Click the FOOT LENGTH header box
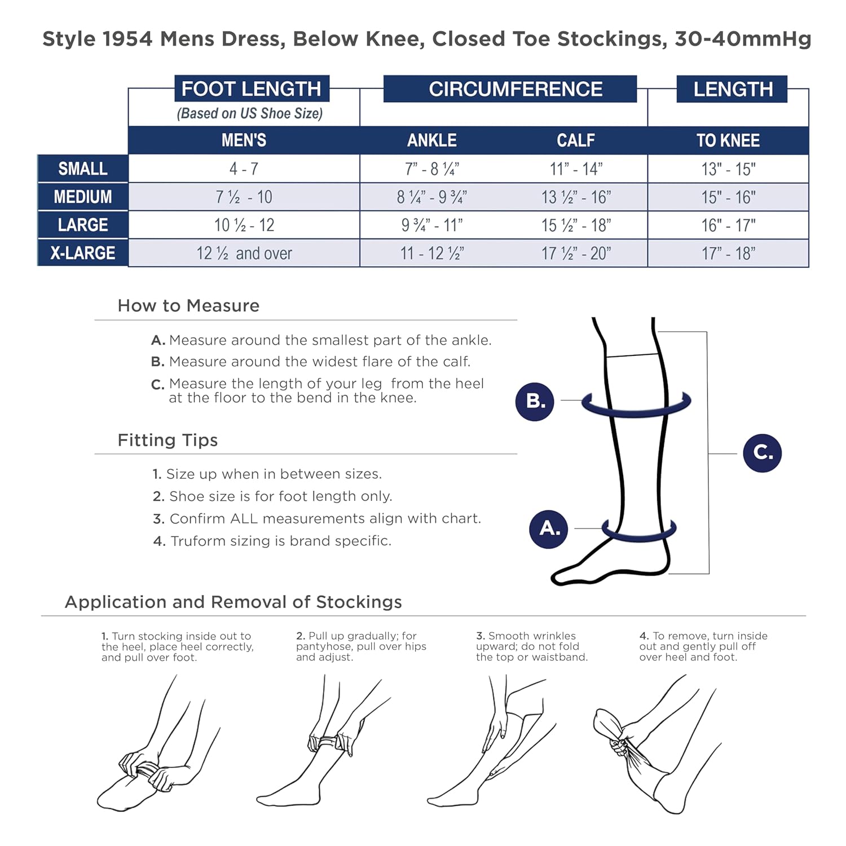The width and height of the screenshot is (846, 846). coord(252,89)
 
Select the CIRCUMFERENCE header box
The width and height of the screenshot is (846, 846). coord(510,89)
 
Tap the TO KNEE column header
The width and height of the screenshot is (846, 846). coord(728,140)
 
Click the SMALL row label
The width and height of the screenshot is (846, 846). coord(83,169)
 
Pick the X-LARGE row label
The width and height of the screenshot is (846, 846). coord(83,253)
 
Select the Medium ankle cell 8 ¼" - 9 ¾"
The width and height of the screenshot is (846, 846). coord(432,197)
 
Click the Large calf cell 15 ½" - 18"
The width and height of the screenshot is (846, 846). coord(576,226)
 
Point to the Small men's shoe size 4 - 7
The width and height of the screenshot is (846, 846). coord(244,169)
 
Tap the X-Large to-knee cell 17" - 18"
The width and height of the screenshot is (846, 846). coord(728,254)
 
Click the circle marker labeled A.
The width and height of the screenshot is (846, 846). coord(549,528)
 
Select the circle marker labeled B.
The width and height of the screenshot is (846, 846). coord(535,401)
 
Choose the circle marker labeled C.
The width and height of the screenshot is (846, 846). coord(762,452)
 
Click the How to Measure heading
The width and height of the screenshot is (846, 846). coord(188,306)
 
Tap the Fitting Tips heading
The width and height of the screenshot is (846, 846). coord(168,440)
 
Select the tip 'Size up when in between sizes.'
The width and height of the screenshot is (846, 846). coord(267,474)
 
